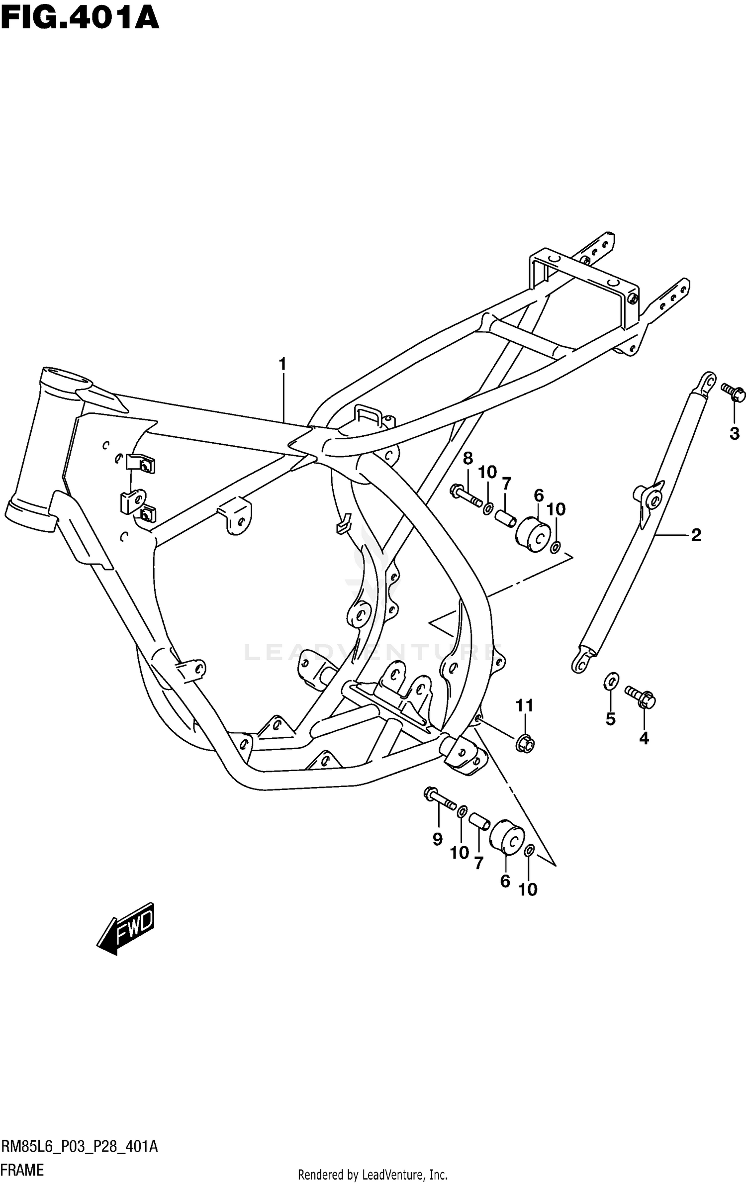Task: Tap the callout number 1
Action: (282, 365)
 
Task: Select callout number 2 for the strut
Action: (696, 535)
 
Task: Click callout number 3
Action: (735, 434)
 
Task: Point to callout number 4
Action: (644, 739)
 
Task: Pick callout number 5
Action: (610, 719)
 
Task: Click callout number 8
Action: (467, 459)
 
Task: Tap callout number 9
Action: (437, 839)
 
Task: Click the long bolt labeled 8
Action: (466, 494)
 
